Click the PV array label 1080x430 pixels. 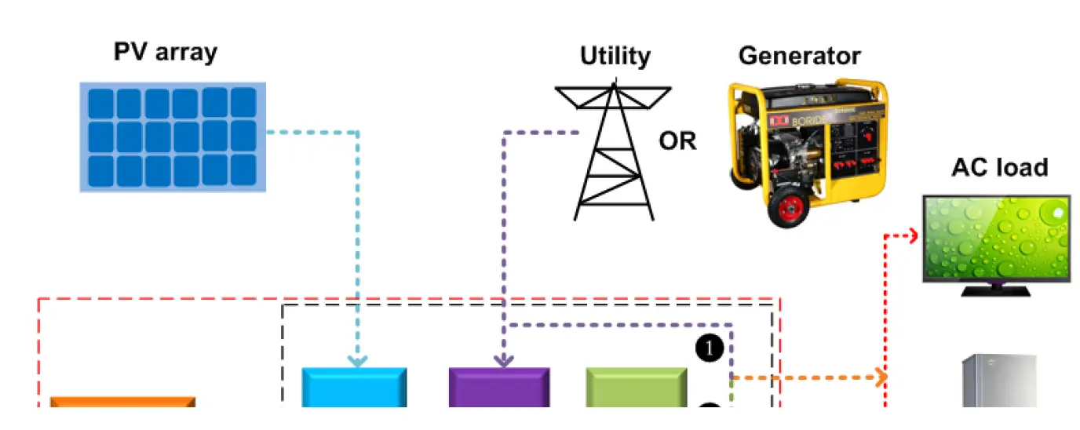click(x=166, y=53)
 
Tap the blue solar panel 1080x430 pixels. click(x=173, y=137)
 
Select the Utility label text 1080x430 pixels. click(x=615, y=56)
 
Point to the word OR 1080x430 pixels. click(x=677, y=141)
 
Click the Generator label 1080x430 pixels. click(x=799, y=56)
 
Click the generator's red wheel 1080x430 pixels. click(x=787, y=207)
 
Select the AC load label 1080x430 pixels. click(x=999, y=167)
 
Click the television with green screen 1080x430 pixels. click(x=996, y=238)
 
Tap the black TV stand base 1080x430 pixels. click(x=996, y=290)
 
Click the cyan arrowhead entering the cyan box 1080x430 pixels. click(x=358, y=362)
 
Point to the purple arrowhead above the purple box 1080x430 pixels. click(x=503, y=361)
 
